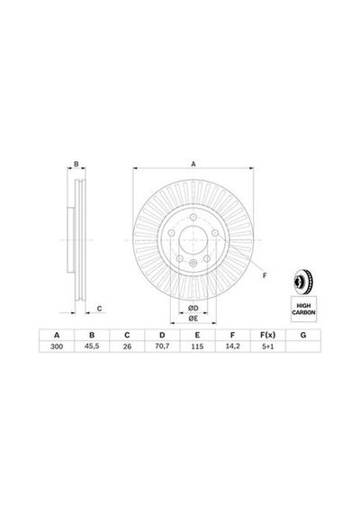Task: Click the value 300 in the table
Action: (x=57, y=346)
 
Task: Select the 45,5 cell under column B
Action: (x=92, y=346)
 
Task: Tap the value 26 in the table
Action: (x=127, y=346)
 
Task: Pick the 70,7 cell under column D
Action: (x=162, y=346)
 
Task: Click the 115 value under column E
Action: (x=197, y=346)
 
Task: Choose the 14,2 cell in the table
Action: (x=232, y=346)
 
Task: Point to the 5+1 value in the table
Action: (x=267, y=346)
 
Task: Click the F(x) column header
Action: (x=267, y=335)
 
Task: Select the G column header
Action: (x=303, y=335)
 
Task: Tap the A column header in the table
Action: (x=57, y=335)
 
